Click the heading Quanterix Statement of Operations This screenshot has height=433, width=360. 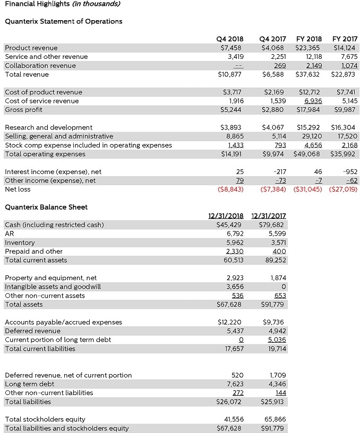63,21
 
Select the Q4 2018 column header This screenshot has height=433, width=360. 230,39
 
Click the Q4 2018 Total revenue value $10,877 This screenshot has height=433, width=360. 230,74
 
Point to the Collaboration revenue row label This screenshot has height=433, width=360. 40,65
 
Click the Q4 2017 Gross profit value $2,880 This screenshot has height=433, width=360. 274,110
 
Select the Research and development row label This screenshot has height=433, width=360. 48,127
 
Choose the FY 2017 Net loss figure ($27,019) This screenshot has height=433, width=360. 343,189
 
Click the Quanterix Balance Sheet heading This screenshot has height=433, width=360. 46,207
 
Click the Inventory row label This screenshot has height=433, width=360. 20,243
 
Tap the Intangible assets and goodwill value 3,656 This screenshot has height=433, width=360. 235,287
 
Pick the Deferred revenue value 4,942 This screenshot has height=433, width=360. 275,331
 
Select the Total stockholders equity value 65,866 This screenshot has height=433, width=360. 274,419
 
